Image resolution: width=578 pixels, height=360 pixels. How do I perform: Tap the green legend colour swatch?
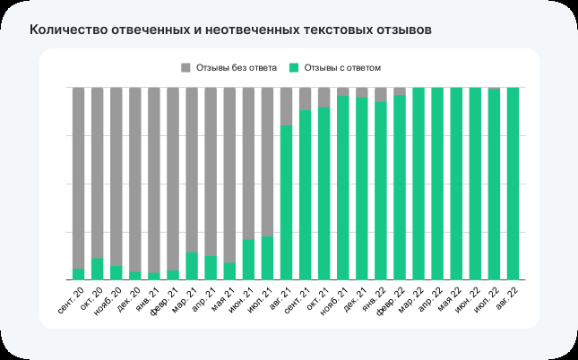click(294, 67)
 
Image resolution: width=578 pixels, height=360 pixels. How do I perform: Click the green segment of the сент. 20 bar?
click(79, 274)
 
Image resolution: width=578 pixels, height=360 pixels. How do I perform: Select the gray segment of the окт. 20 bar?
click(98, 170)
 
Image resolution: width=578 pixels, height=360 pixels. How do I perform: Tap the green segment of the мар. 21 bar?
click(192, 266)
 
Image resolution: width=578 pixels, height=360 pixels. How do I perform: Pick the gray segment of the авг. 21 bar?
click(286, 106)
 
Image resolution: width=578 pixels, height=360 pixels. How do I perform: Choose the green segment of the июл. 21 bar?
click(267, 258)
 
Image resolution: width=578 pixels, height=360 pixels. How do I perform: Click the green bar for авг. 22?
click(513, 184)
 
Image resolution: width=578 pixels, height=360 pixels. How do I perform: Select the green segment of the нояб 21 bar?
click(342, 188)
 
